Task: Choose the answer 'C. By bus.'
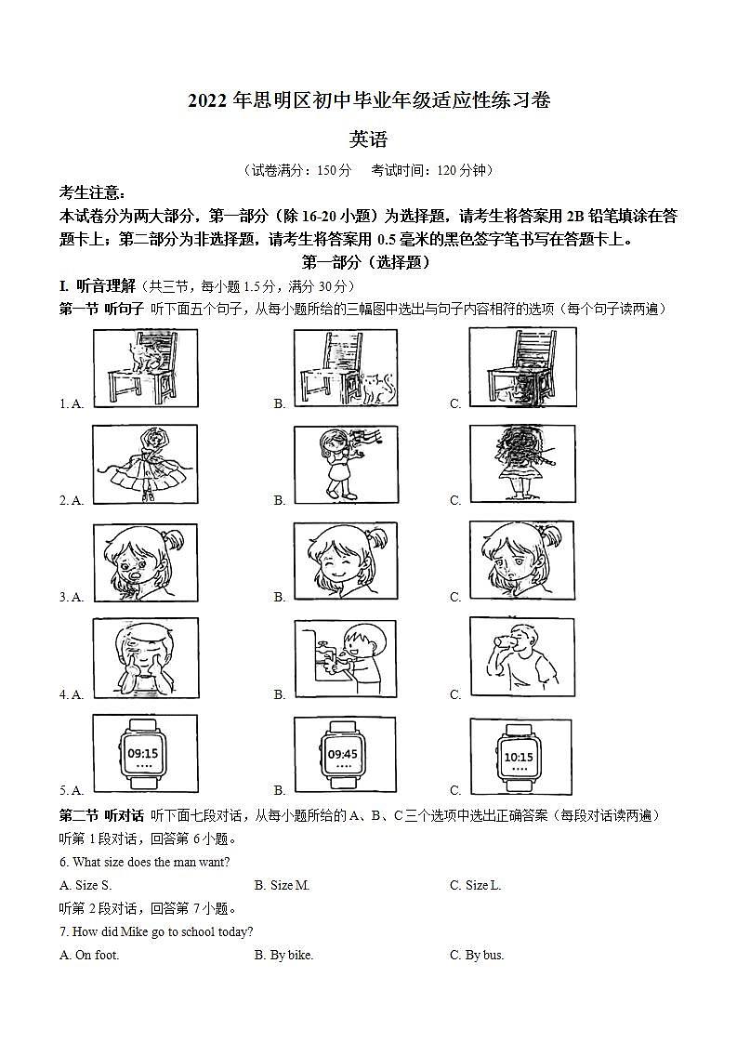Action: pos(477,955)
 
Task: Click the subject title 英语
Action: pos(368,140)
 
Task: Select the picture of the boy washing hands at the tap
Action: pos(345,658)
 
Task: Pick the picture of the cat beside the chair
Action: pos(345,367)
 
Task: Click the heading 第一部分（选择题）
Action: pos(367,263)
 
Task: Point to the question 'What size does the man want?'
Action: pos(144,862)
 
